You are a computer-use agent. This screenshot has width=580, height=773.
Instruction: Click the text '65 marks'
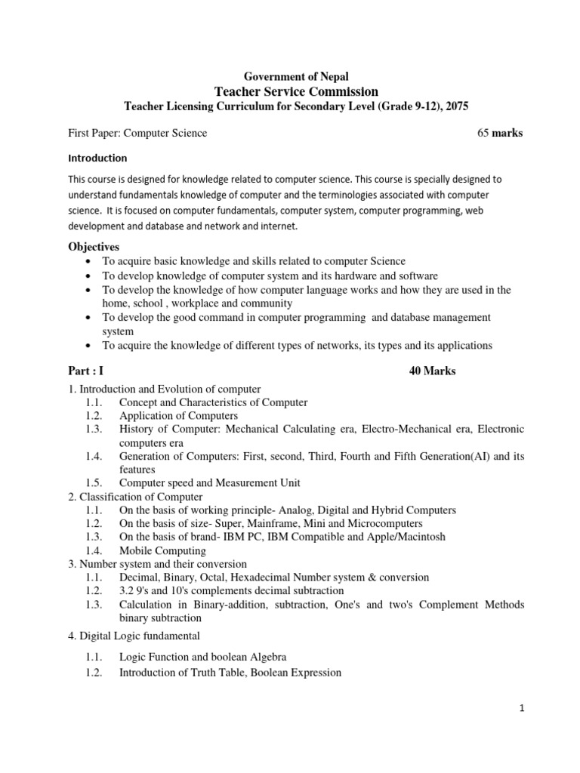500,133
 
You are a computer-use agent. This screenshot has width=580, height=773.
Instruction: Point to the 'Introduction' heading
97,159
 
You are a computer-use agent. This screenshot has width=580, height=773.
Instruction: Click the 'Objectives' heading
94,247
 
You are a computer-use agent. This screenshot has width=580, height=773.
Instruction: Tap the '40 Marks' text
432,371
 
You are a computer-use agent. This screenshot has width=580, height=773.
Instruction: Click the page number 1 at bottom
521,708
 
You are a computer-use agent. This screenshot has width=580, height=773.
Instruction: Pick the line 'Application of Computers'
178,416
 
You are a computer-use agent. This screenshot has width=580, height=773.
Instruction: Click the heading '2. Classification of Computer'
135,497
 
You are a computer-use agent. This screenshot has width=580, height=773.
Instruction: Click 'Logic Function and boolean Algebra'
203,657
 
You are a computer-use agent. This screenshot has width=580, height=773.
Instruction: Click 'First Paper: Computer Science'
137,133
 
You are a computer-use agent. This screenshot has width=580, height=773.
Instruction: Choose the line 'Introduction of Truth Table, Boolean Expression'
230,673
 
